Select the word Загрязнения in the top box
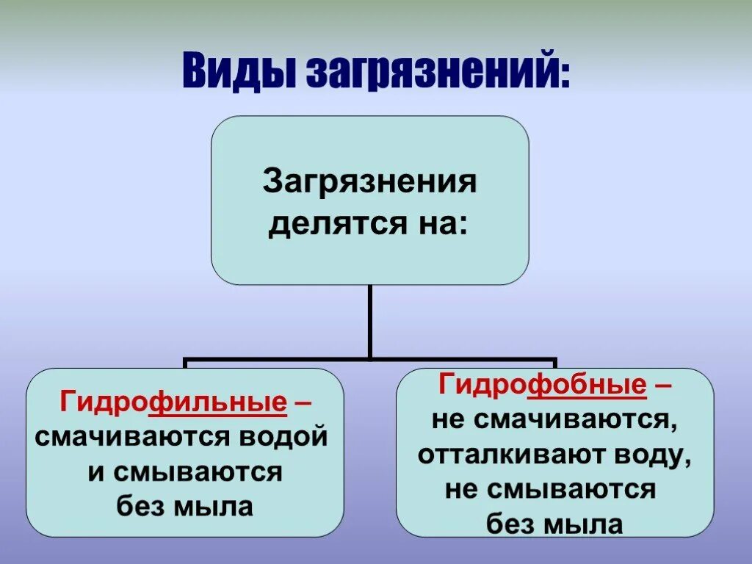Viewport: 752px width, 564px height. point(369,181)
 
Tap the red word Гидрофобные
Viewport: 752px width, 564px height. point(543,384)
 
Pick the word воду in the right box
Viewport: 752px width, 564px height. point(648,455)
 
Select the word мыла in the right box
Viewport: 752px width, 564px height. point(590,524)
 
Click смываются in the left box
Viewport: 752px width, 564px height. point(199,471)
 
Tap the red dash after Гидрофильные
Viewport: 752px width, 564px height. point(301,402)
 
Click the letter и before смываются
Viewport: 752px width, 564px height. point(95,472)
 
